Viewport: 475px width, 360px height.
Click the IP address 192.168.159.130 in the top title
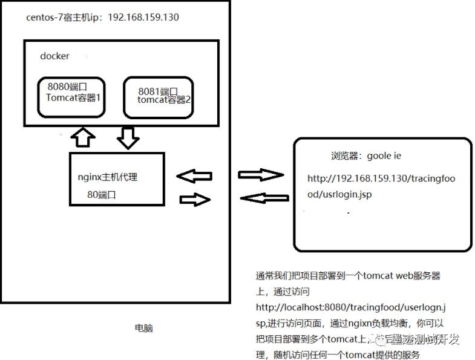click(143, 17)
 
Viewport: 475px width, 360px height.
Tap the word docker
click(54, 56)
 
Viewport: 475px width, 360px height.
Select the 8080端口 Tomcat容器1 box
click(71, 97)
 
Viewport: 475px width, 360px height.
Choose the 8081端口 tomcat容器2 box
click(159, 97)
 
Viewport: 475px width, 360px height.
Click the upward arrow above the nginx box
click(83, 137)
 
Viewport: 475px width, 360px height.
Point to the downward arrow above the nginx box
click(128, 137)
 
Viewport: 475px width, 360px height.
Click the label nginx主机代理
click(108, 177)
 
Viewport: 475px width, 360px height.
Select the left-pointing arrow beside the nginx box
click(195, 176)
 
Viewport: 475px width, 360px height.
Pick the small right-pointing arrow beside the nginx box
click(195, 200)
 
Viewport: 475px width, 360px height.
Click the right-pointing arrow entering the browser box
click(261, 175)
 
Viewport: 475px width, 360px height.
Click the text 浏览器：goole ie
click(366, 156)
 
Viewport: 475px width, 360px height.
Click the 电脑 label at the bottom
click(144, 328)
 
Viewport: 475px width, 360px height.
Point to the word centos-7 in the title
click(46, 17)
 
